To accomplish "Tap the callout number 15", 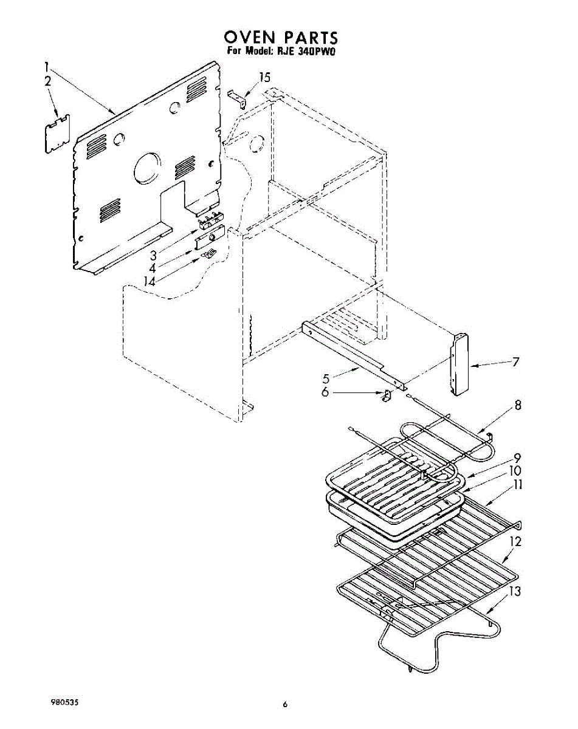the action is [x=264, y=77].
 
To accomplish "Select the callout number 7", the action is [x=515, y=362].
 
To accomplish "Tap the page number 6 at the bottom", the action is [x=284, y=705].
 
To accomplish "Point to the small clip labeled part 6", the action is [x=385, y=395].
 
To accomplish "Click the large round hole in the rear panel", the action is [x=148, y=167].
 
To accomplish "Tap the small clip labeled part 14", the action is [x=210, y=253].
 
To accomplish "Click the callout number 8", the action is [x=517, y=406].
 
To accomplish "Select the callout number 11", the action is [x=517, y=485].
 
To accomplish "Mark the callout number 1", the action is [x=47, y=66].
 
